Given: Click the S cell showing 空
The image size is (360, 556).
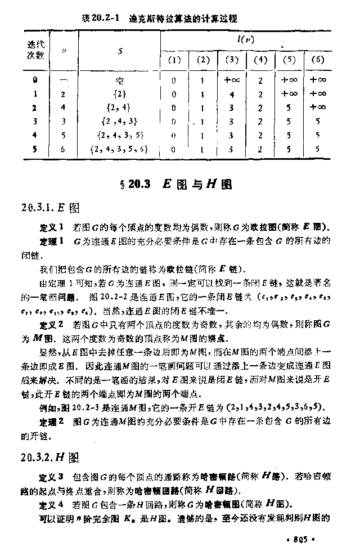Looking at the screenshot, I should [x=120, y=80].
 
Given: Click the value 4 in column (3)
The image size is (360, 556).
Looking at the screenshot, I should [x=232, y=94].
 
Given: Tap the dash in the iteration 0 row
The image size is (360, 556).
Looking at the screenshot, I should [x=63, y=80].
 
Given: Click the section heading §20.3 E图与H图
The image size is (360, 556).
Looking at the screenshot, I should [x=179, y=184].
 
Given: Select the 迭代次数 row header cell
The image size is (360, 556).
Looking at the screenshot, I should [x=36, y=49].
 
